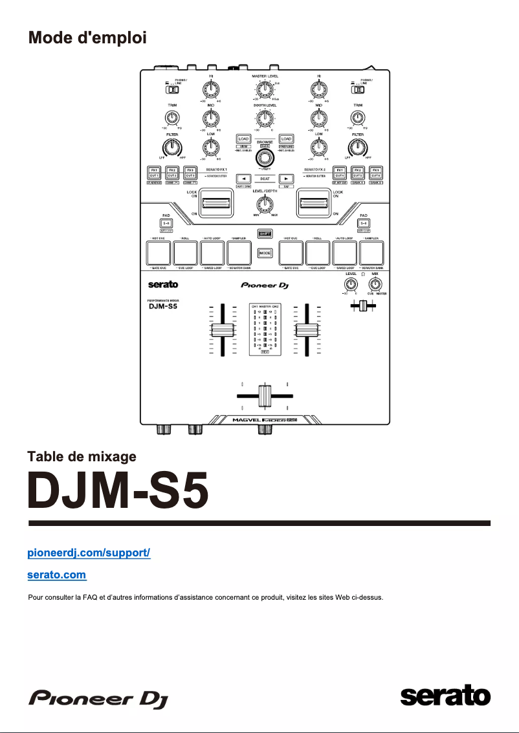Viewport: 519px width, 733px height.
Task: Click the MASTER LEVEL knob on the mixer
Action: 263,90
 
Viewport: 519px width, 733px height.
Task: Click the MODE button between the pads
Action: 264,253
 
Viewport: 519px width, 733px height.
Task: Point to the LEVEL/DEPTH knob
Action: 263,206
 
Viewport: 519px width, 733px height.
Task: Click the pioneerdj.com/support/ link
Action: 89,554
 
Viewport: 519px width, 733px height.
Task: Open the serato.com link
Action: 57,574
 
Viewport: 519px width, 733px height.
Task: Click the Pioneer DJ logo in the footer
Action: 96,698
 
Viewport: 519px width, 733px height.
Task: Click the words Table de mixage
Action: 82,457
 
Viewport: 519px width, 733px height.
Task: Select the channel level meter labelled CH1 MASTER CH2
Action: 264,329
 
